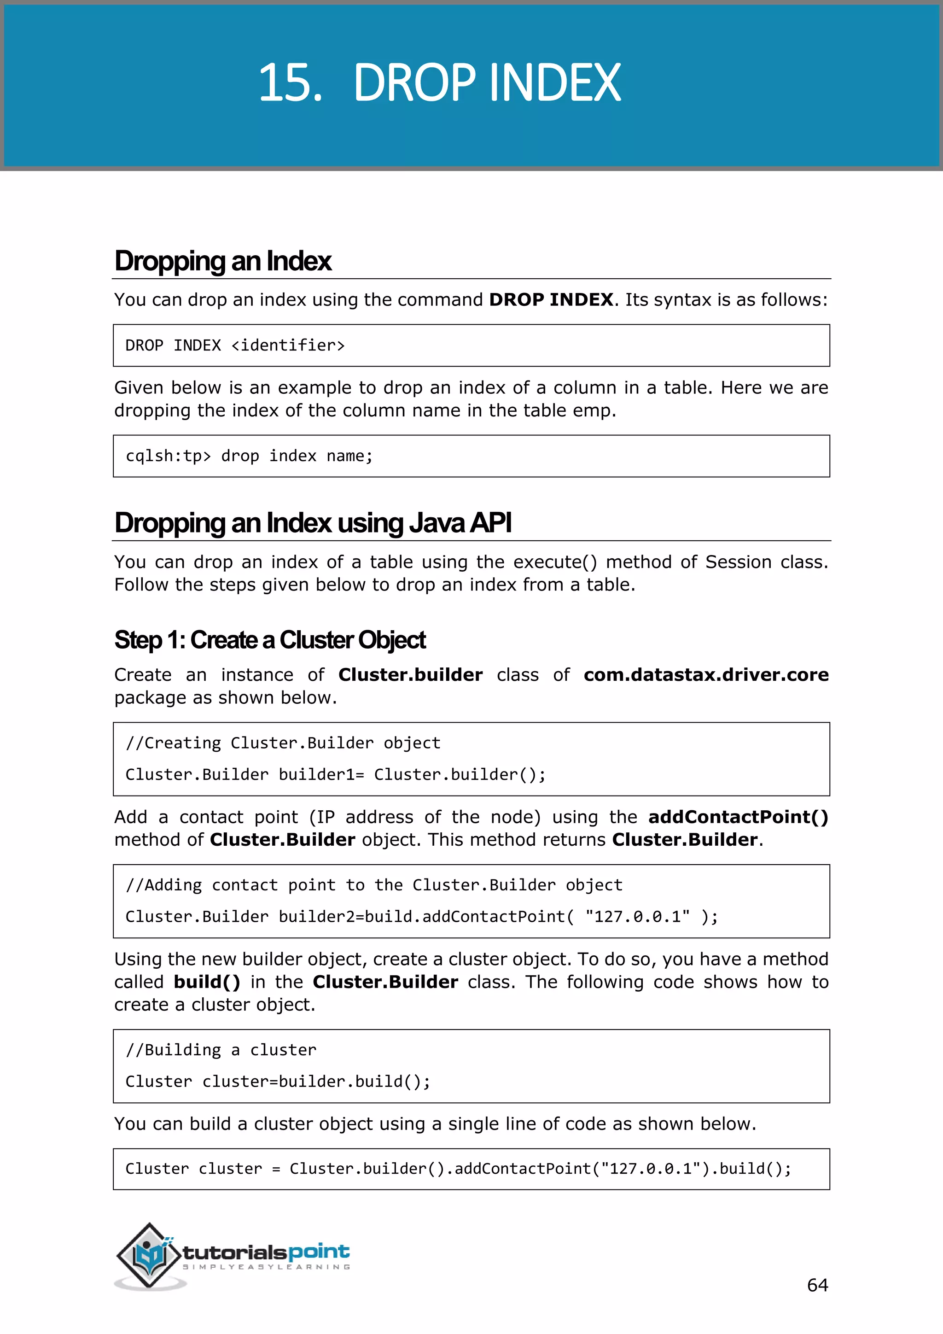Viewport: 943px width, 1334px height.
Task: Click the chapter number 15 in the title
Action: point(289,83)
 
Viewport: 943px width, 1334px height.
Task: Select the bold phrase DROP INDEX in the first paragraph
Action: point(551,300)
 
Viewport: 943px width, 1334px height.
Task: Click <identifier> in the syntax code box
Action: point(287,345)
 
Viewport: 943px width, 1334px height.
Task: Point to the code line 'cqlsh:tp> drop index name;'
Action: point(249,456)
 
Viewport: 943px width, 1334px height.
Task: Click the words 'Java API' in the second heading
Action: point(460,523)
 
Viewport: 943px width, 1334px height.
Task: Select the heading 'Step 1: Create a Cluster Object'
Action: point(270,640)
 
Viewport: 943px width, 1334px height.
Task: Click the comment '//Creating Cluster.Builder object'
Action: point(283,743)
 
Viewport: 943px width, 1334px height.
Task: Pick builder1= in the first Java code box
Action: point(321,774)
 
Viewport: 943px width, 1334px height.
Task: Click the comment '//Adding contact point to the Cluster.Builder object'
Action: point(373,885)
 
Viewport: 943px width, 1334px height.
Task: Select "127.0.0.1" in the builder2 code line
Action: point(637,917)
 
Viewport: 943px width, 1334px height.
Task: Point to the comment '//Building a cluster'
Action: point(221,1050)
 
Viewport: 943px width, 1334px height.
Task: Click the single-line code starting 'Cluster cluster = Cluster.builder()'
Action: point(458,1169)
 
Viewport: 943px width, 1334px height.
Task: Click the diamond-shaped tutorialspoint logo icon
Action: point(149,1255)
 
